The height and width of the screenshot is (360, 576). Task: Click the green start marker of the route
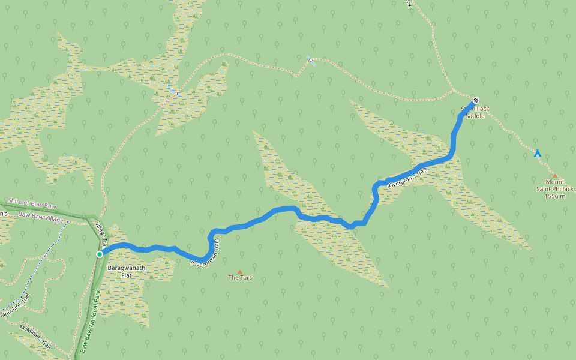(100, 254)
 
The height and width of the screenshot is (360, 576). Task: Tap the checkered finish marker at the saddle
(475, 100)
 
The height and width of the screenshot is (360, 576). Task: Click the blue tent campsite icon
(538, 154)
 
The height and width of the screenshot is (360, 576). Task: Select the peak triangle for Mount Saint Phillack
(554, 176)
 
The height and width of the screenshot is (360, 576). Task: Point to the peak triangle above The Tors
(240, 271)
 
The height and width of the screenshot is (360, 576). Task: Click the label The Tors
(239, 278)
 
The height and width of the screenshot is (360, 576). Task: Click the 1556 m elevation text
(555, 196)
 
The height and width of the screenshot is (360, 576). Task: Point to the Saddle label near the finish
(475, 115)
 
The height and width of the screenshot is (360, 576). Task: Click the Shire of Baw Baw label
(31, 204)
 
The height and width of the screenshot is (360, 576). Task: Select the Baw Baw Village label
(40, 217)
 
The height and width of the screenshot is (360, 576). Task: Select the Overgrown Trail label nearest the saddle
(408, 179)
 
